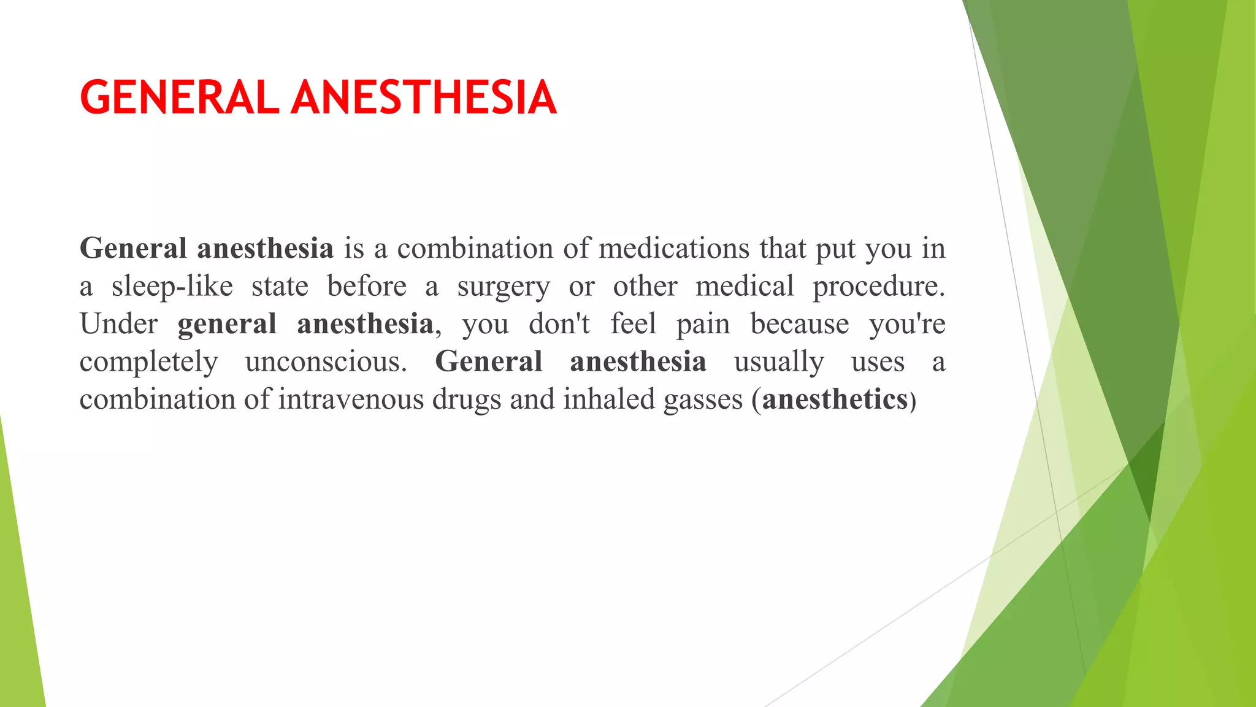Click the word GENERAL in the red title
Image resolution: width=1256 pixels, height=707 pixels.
click(x=179, y=98)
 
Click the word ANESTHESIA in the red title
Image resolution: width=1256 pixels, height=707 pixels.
click(x=424, y=98)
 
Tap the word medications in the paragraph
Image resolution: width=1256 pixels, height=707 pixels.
click(x=674, y=249)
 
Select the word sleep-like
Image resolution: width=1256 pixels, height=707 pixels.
click(x=172, y=287)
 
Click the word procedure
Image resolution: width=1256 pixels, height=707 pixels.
click(x=878, y=287)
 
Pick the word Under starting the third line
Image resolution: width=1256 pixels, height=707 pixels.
click(x=118, y=324)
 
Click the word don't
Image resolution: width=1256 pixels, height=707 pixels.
click(x=559, y=324)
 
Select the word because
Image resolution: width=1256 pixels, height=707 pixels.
click(x=800, y=324)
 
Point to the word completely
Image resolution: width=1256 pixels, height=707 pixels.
click(x=148, y=363)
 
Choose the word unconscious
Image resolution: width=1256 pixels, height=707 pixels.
click(x=326, y=362)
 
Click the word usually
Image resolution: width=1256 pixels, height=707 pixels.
click(x=779, y=362)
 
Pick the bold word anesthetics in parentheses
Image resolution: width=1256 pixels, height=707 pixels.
click(x=834, y=400)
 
